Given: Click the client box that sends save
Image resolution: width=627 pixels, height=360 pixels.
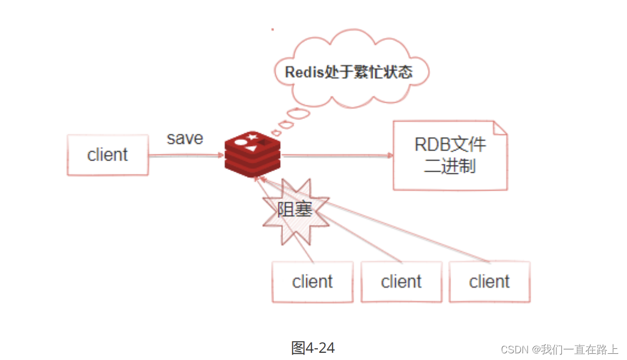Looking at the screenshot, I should pos(107,154).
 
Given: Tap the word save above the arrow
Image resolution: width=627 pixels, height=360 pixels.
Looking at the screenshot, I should pos(185,138).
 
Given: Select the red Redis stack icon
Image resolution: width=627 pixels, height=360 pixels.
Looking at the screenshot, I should pos(252,154).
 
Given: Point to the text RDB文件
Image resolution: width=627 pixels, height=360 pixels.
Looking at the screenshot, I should pos(450,144).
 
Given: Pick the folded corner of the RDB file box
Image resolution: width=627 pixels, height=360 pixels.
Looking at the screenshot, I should pos(500,128).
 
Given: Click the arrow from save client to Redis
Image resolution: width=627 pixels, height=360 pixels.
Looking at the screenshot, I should pos(186,156).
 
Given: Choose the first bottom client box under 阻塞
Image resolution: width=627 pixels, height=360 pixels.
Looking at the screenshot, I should pos(312,282).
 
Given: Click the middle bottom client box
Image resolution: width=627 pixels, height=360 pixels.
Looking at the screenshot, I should pos(401,282).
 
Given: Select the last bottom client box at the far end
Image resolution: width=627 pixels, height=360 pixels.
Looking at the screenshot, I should pos(489,282).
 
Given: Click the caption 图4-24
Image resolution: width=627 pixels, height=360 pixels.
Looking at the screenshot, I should pos(313,348).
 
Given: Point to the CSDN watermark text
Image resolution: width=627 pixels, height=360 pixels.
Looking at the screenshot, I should pos(559,349).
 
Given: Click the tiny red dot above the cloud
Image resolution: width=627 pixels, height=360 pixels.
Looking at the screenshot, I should pos(272,29).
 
